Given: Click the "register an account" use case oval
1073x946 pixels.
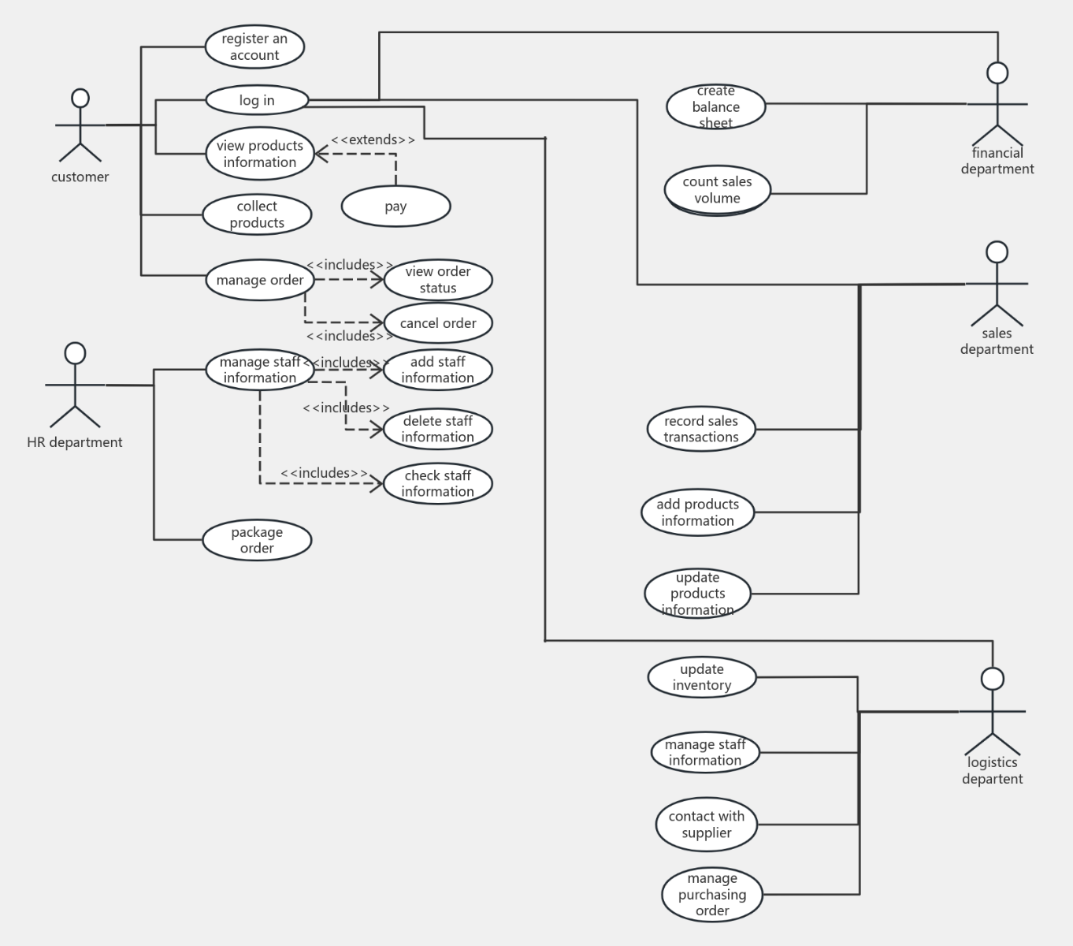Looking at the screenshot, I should tap(254, 47).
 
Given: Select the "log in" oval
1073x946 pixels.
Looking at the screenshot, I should tap(257, 100).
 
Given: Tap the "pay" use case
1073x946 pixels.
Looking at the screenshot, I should tap(395, 207).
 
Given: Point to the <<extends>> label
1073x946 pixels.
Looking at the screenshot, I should tap(373, 140).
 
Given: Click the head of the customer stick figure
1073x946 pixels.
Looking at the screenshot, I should tap(80, 99).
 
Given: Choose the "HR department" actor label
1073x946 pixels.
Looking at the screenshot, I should tap(75, 442).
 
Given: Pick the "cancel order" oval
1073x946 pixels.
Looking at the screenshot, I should tap(438, 323).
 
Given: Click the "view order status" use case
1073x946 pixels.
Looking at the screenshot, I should tap(438, 280).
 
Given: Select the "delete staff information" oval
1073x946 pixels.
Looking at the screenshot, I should tap(438, 429).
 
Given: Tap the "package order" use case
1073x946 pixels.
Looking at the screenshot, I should tap(257, 540).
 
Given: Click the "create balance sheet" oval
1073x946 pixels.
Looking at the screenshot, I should tap(715, 106).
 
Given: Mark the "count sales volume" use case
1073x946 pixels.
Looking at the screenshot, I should tap(717, 190).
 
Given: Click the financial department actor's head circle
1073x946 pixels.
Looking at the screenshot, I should tap(997, 73).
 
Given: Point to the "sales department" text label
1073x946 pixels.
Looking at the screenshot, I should tap(997, 341).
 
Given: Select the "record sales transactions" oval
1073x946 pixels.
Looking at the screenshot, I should tap(700, 429).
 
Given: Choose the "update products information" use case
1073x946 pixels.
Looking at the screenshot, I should tap(697, 594).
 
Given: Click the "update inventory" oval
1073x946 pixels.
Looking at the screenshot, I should tap(701, 677).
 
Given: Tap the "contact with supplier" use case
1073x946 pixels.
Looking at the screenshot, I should tap(706, 825).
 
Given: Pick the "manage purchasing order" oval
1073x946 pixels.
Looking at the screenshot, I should tap(711, 894).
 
